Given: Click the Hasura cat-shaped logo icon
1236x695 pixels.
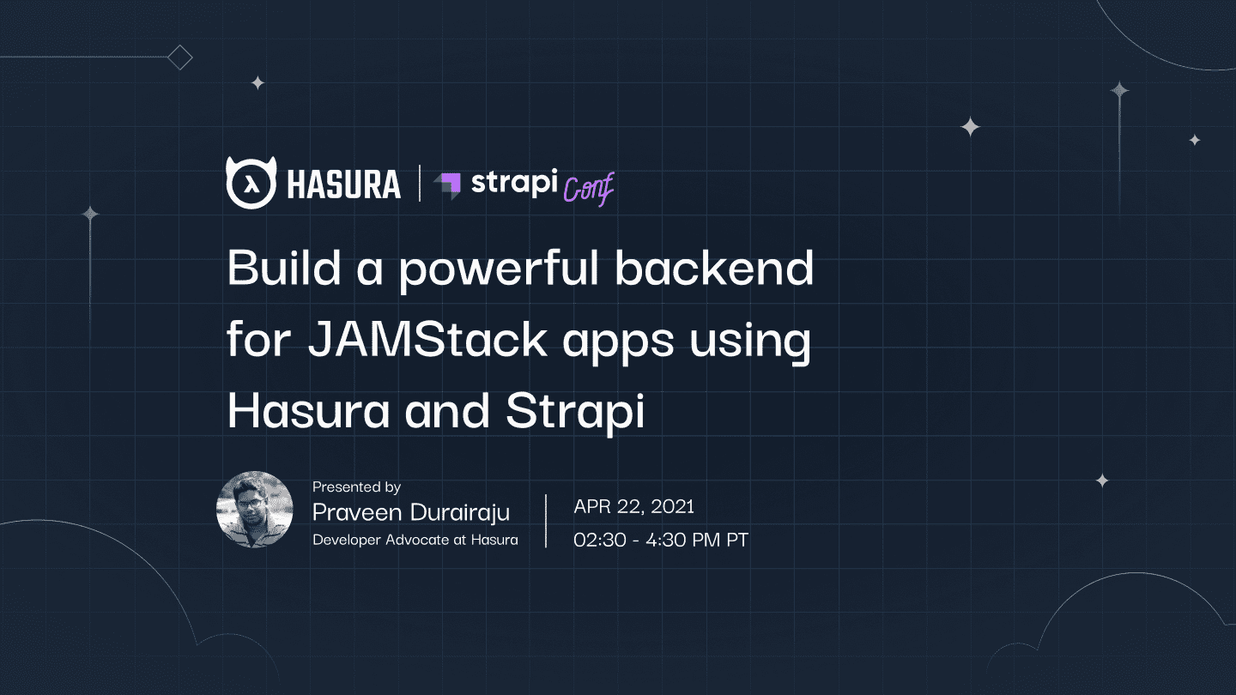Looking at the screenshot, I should tap(251, 183).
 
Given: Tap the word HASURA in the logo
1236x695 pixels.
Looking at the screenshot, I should tap(343, 184).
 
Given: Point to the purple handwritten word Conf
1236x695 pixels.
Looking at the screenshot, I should tap(589, 189).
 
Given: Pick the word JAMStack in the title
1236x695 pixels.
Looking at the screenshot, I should tap(427, 340).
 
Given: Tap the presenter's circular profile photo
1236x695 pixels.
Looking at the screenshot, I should tap(255, 510).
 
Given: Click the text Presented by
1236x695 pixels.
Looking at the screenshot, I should tap(356, 487).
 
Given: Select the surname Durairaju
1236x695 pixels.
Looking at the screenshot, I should tap(463, 513).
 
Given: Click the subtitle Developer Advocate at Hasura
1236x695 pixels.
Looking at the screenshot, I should tap(415, 541).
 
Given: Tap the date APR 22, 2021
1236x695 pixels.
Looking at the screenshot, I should tap(633, 506).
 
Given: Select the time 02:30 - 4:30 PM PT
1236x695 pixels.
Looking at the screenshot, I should tap(661, 541).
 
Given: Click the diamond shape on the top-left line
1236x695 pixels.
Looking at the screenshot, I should tap(180, 58).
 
